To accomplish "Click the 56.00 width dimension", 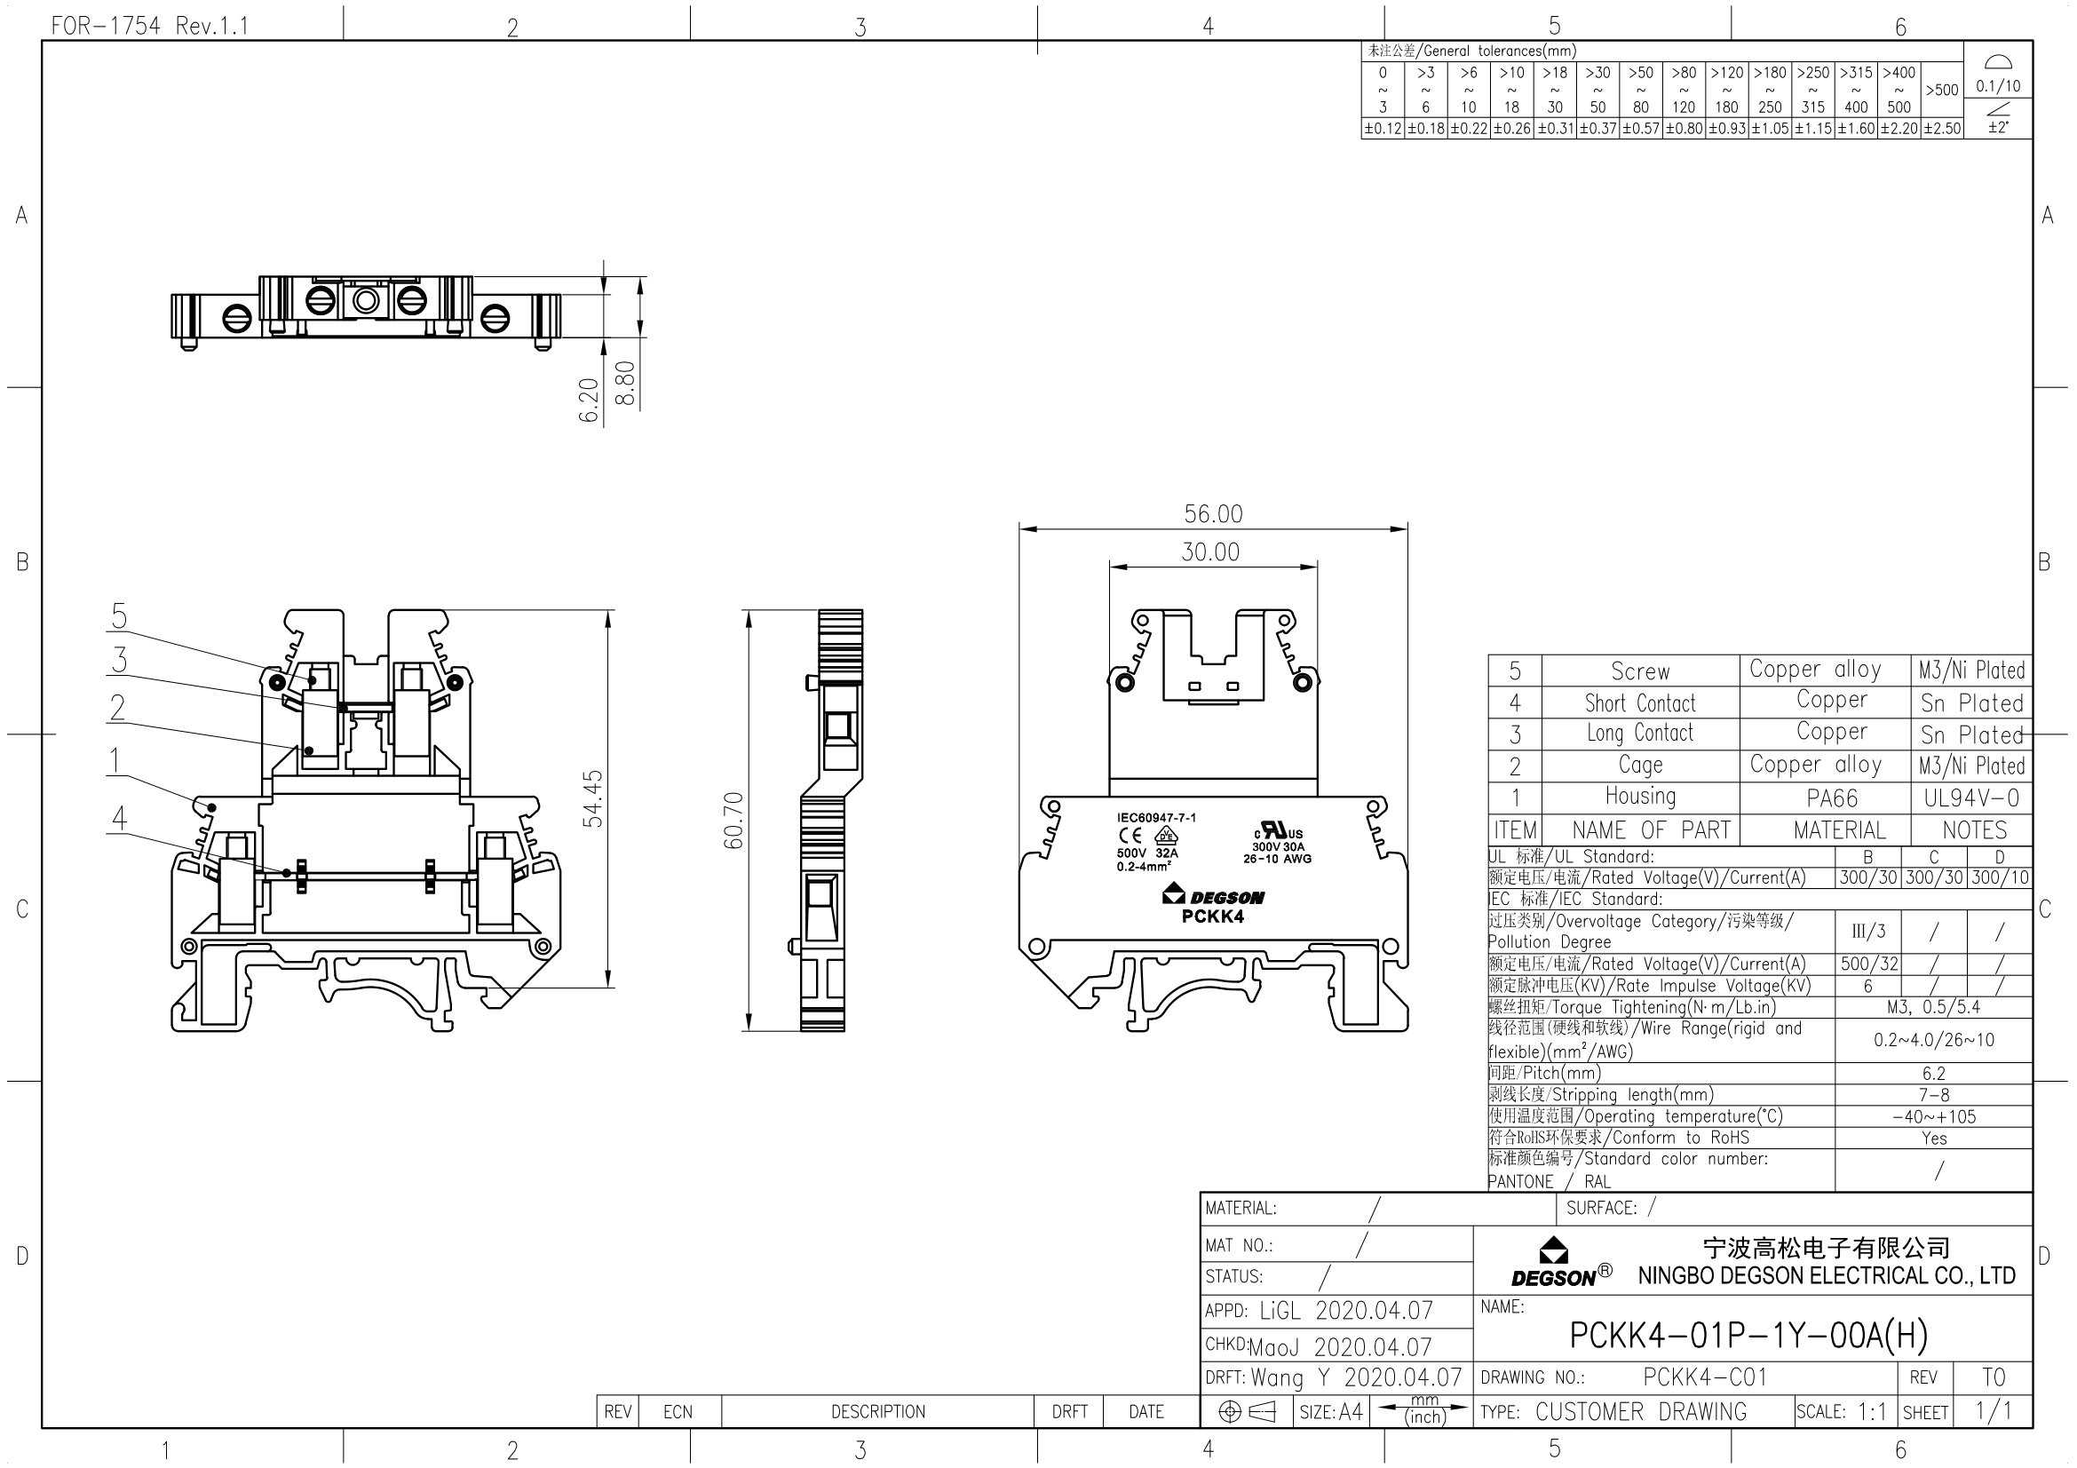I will (1213, 513).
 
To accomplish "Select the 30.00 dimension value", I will (1210, 551).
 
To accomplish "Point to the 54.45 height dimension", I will (592, 798).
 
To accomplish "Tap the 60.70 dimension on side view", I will (733, 821).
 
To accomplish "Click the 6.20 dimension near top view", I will (589, 400).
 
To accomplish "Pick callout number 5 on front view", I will (118, 617).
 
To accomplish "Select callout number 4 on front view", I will (118, 819).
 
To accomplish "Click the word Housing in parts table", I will (1640, 797).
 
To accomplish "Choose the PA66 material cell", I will (1832, 798).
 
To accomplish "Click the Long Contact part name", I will (1639, 734).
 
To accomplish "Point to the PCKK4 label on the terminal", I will (1212, 917).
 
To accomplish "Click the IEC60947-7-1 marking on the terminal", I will (1156, 818).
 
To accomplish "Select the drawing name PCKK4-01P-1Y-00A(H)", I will (1748, 1335).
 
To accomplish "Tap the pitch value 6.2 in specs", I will (1933, 1074).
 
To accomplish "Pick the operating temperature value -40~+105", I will (1933, 1117).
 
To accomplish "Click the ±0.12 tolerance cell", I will (1383, 129).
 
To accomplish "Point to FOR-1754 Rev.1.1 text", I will (149, 26).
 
